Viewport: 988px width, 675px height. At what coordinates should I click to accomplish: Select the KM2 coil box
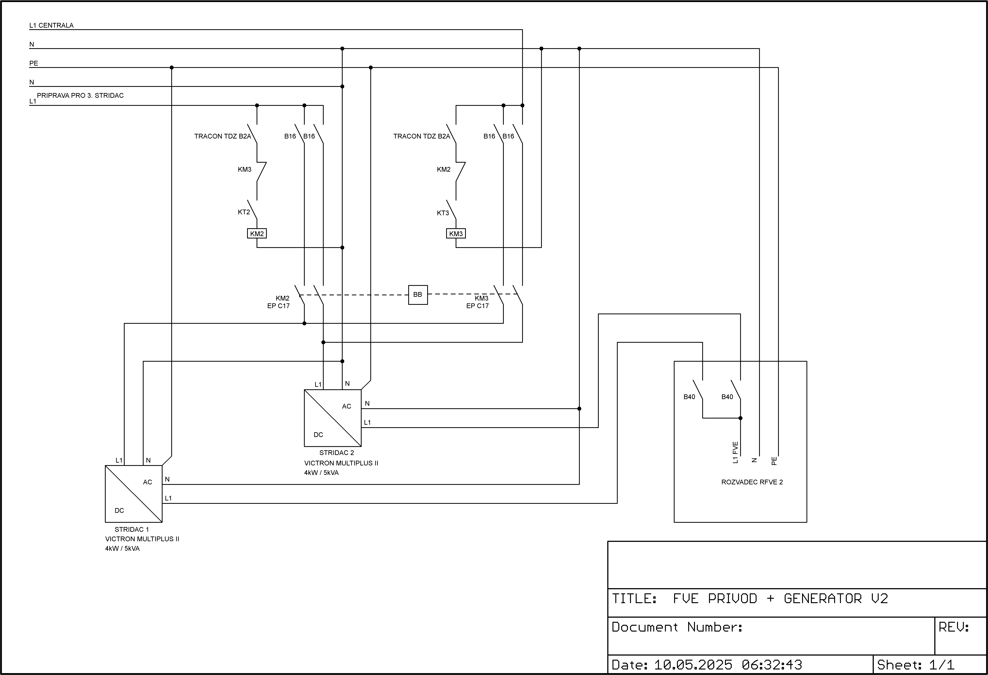pos(257,233)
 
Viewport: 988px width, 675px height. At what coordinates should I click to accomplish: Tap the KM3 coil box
pos(456,233)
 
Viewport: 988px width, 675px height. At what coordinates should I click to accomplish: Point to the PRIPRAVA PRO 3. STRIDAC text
pos(80,96)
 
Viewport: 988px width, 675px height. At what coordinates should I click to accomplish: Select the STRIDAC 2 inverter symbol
pos(332,418)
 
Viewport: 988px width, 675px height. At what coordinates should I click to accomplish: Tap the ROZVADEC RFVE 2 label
pos(752,482)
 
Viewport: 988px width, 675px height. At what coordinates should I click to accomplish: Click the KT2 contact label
pos(244,212)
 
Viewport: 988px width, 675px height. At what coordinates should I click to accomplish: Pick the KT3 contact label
pos(443,213)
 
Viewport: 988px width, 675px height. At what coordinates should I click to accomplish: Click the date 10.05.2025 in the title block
pos(693,664)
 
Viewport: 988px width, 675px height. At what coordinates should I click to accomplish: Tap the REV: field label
pos(954,627)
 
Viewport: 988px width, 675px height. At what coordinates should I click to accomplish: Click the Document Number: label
pos(677,627)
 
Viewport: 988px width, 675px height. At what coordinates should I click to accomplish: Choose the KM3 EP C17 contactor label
pos(478,302)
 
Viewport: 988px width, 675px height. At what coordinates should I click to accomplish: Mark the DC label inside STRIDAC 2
pos(318,435)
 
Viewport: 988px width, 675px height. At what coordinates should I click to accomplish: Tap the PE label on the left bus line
pos(34,63)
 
